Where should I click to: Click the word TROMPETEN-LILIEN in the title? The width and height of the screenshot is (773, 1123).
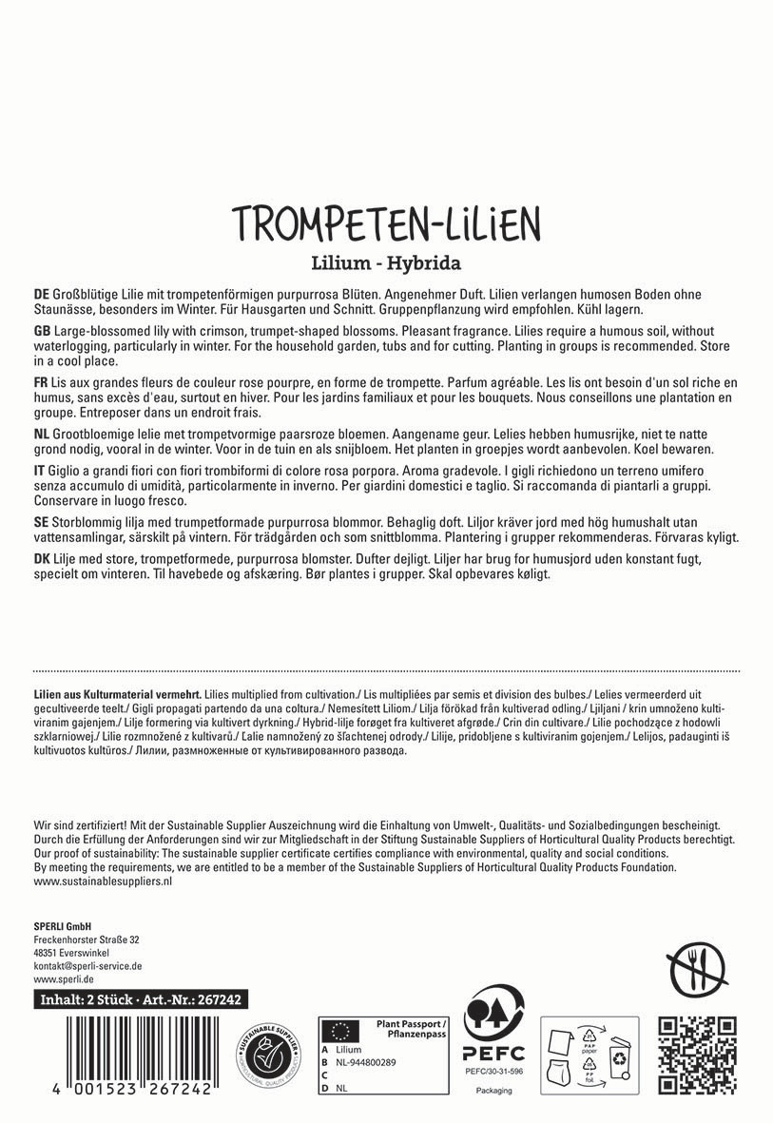[x=386, y=223]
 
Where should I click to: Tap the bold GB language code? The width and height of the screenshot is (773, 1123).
[x=42, y=328]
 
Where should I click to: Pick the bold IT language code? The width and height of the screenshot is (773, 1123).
[x=39, y=470]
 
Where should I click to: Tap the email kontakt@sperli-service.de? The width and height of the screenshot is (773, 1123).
[x=87, y=965]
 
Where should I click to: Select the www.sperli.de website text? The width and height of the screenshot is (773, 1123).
[x=63, y=978]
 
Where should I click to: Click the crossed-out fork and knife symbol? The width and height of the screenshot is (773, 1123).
[x=698, y=971]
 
